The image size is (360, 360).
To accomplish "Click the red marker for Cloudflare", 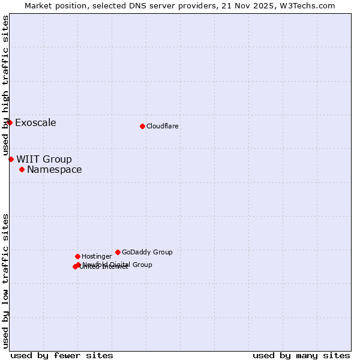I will (x=142, y=126).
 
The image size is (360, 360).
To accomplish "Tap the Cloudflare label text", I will (x=163, y=126).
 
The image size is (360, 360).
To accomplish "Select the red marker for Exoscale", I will (x=10, y=122).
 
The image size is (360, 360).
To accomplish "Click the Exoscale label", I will (x=35, y=123).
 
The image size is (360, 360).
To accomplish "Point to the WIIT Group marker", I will (x=11, y=159).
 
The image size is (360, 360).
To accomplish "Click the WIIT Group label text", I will (x=44, y=160).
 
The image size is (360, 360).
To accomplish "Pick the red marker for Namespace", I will (x=22, y=169).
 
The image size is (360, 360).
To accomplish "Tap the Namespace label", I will (x=55, y=170).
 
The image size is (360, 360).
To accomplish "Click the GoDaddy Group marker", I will (x=118, y=252).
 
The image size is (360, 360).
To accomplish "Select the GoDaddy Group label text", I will (x=147, y=252).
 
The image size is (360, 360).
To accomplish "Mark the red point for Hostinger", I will (x=77, y=256).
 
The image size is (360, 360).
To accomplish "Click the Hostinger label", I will (x=97, y=256).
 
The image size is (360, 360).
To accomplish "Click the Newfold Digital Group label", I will (x=118, y=264).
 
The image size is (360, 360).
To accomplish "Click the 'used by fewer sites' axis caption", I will (x=62, y=355).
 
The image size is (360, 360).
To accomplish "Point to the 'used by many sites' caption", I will (x=301, y=355).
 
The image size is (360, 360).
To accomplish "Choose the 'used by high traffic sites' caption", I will (x=5, y=86).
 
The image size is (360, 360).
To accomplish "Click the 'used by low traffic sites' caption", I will (x=5, y=281).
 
